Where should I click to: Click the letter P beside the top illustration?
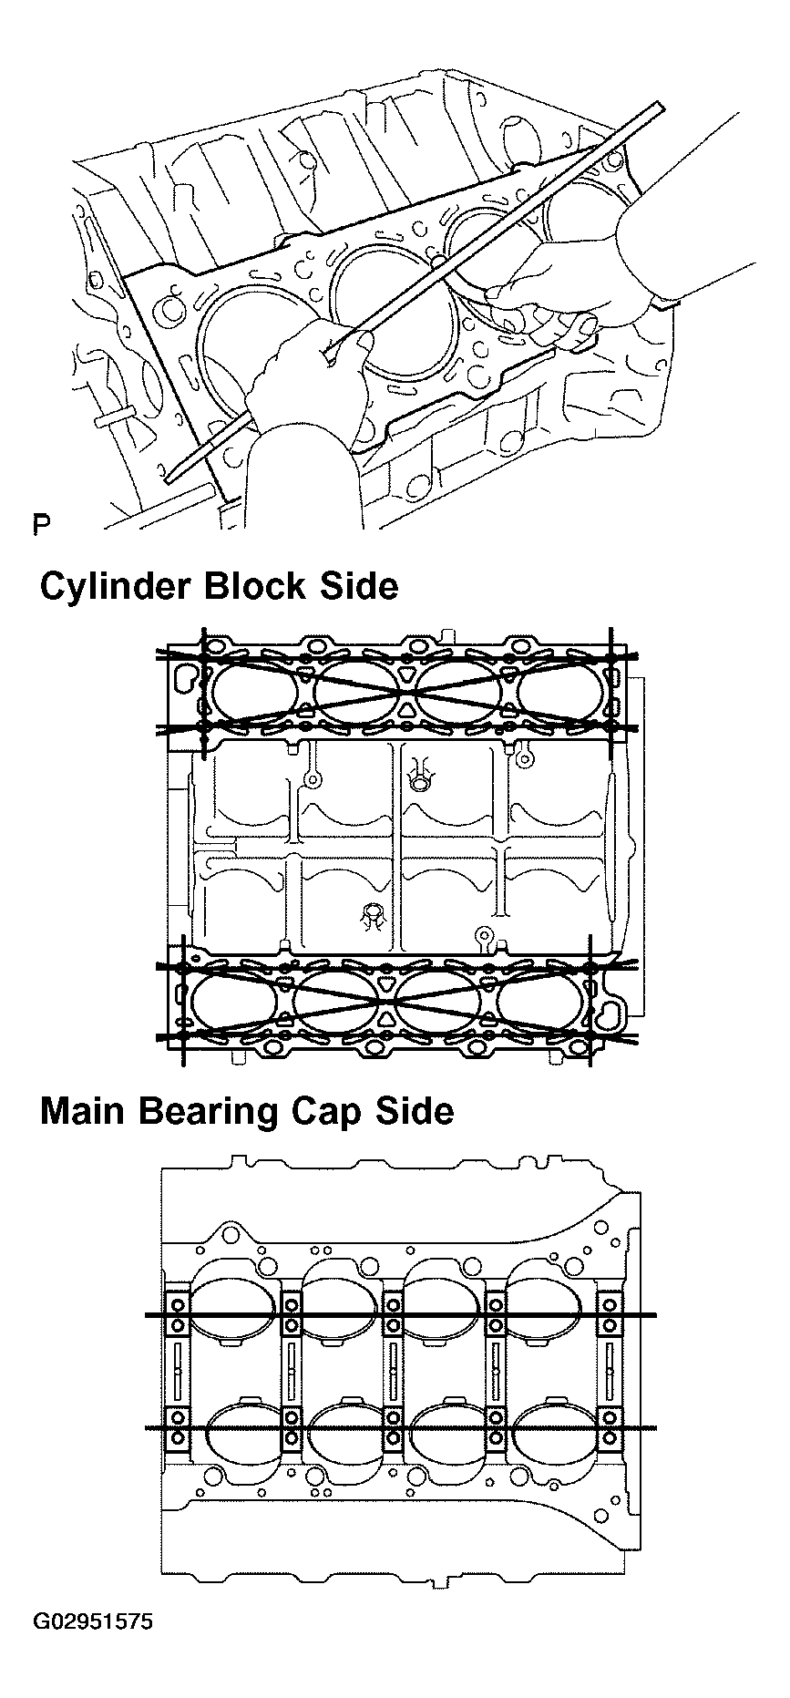click(x=40, y=524)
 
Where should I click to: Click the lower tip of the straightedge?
click(x=170, y=475)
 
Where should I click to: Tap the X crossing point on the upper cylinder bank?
click(x=403, y=696)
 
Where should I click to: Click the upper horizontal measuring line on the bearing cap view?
click(x=401, y=1315)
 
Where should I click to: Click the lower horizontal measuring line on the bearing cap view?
click(x=401, y=1427)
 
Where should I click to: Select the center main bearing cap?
click(x=393, y=1371)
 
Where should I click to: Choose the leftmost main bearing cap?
click(x=177, y=1371)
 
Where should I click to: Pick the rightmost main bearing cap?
click(x=608, y=1371)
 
